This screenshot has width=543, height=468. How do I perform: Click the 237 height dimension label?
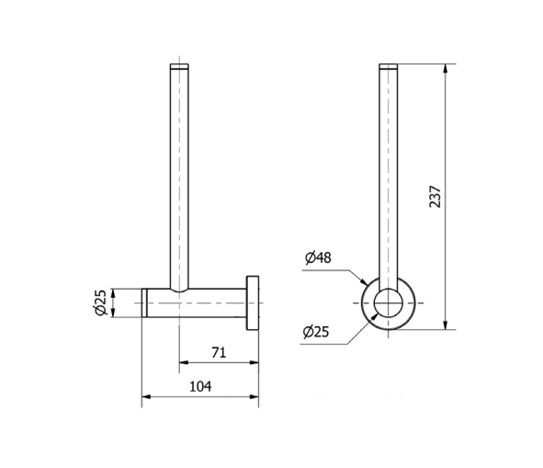pyautogui.click(x=435, y=197)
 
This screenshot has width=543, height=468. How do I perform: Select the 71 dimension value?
pyautogui.click(x=219, y=353)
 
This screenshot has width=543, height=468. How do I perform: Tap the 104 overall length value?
pyautogui.click(x=200, y=386)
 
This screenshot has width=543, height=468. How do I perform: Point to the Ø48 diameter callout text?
pyautogui.click(x=318, y=257)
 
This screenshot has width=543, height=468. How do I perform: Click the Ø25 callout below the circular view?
pyautogui.click(x=316, y=332)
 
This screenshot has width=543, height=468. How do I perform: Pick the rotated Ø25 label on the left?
pyautogui.click(x=100, y=302)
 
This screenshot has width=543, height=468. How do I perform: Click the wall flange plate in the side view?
pyautogui.click(x=253, y=303)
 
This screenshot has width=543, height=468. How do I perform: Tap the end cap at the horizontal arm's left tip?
pyautogui.click(x=144, y=302)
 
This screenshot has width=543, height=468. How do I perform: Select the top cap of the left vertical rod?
pyautogui.click(x=179, y=66)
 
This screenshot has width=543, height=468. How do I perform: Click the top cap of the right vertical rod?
pyautogui.click(x=389, y=66)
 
